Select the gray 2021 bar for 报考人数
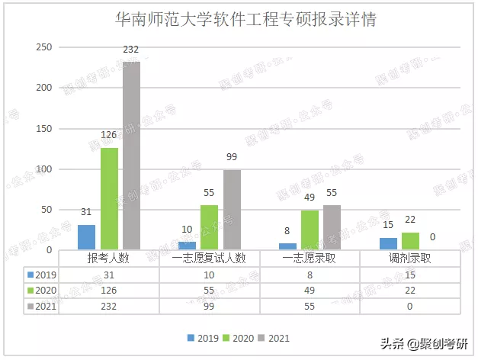131,156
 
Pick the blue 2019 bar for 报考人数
87,237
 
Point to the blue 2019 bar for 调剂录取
388,243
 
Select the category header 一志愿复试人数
210,259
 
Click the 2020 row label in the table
43,291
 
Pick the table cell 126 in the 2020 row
109,291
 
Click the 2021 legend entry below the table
274,337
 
